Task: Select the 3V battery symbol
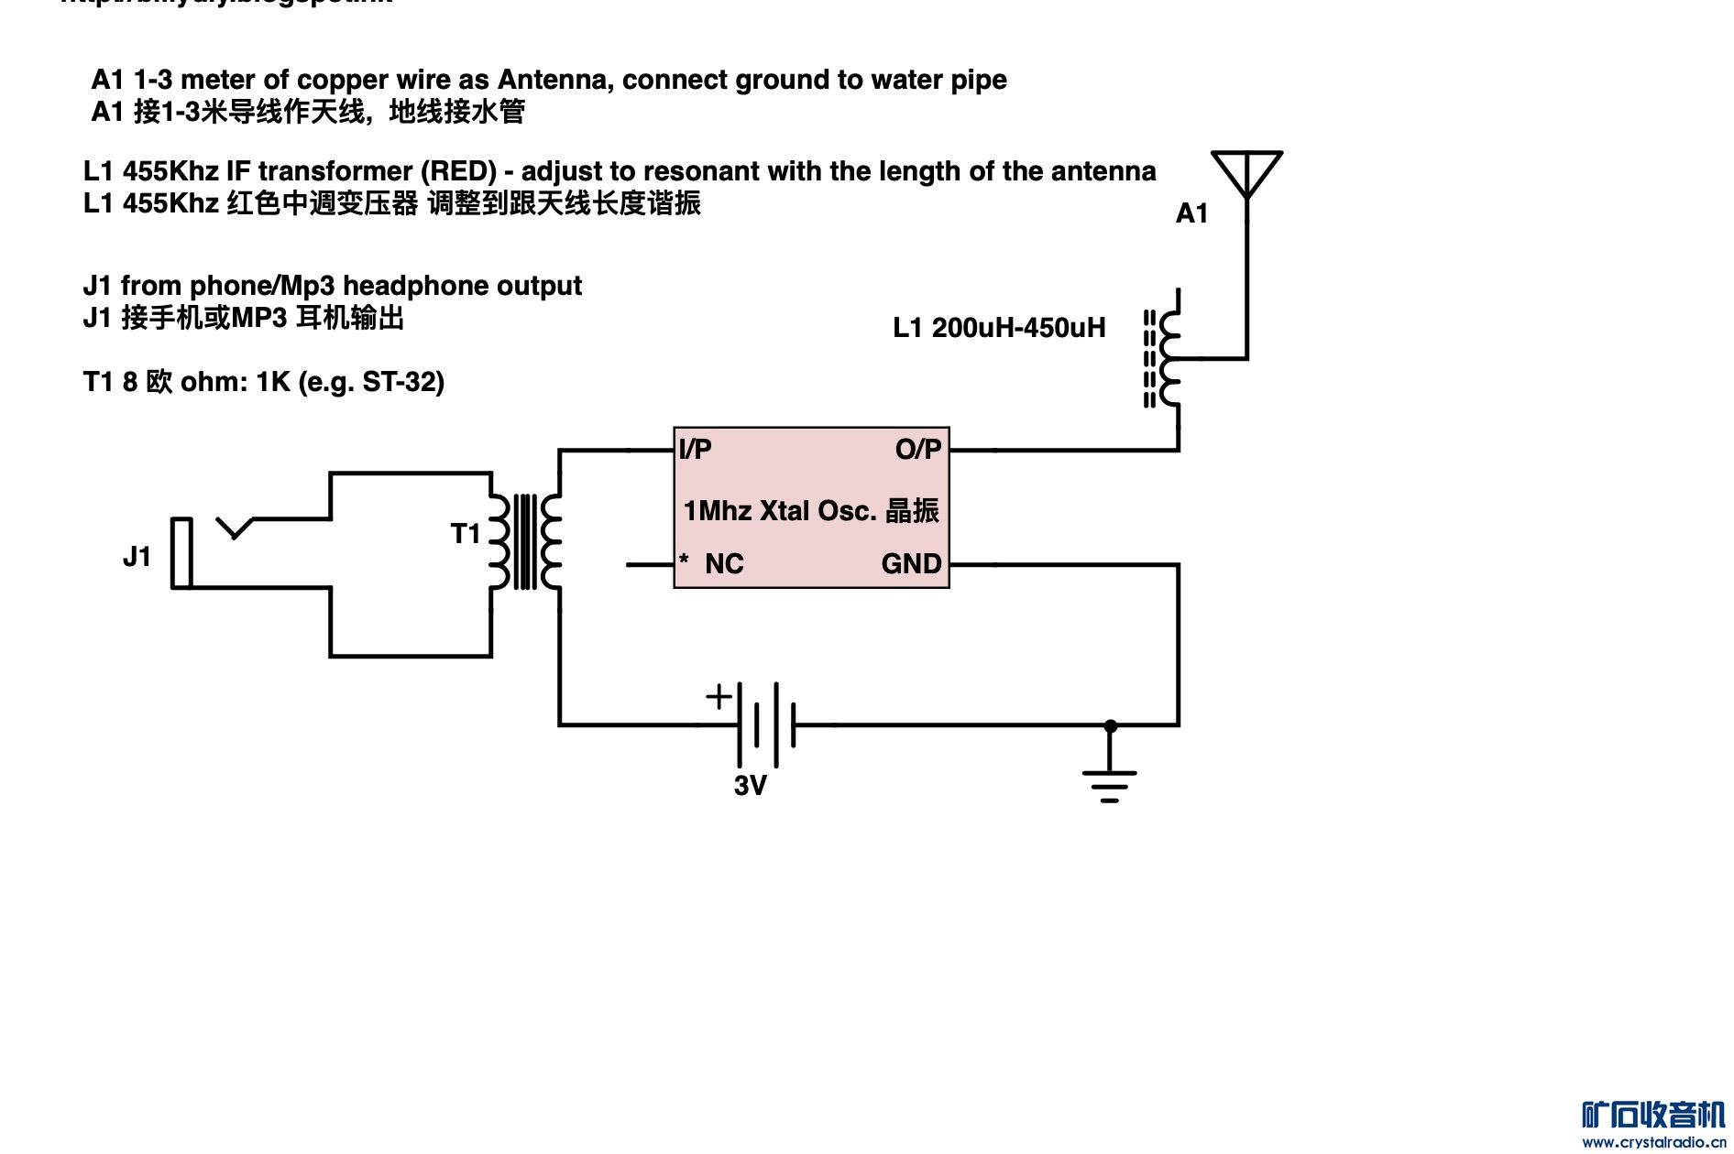(x=766, y=724)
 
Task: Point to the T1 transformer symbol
(x=525, y=541)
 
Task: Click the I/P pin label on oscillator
(x=696, y=450)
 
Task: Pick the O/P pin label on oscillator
(x=918, y=450)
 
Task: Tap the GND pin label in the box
(x=911, y=563)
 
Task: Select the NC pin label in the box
(x=724, y=563)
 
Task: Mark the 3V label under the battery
(x=750, y=785)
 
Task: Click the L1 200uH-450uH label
(x=999, y=328)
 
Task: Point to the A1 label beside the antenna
(x=1191, y=213)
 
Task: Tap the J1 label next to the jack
(x=137, y=556)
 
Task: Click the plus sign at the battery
(x=719, y=696)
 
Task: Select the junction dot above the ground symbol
(x=1110, y=725)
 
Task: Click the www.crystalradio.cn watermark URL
(x=1654, y=1142)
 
